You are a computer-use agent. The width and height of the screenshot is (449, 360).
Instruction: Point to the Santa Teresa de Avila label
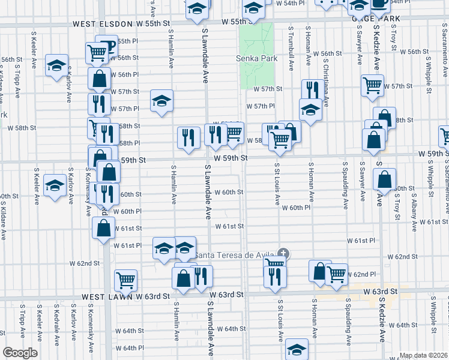coord(236,255)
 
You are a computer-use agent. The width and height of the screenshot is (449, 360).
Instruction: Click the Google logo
coord(20,353)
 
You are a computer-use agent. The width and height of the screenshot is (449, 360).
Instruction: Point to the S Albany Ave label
coord(414,212)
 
